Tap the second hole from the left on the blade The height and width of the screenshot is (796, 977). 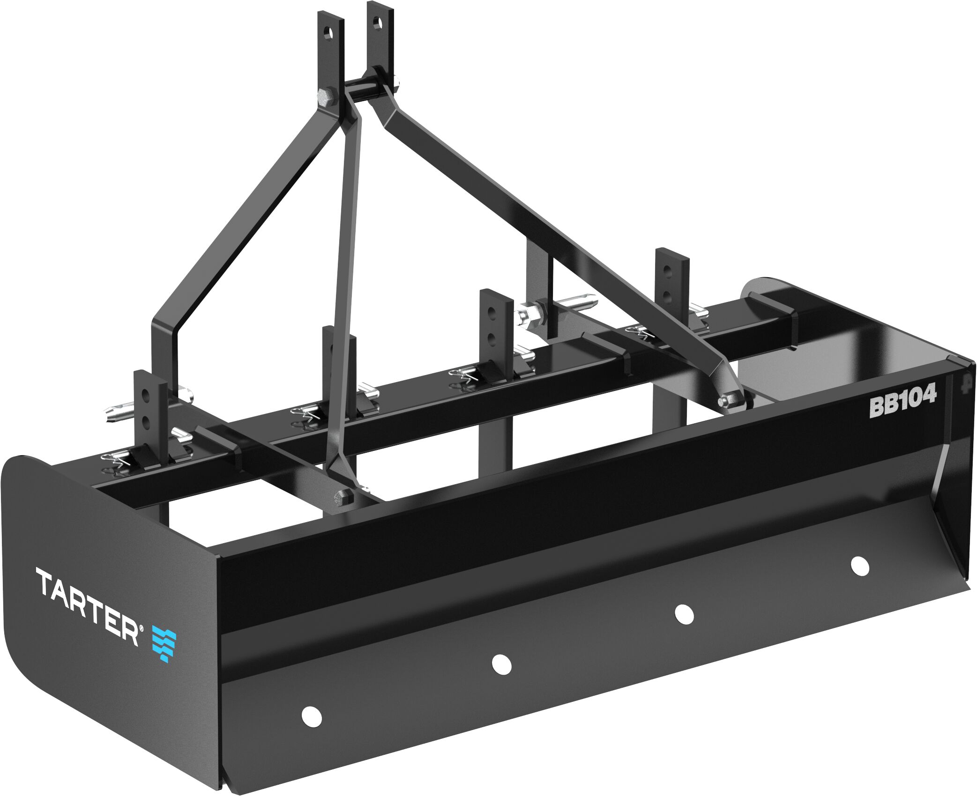coord(501,663)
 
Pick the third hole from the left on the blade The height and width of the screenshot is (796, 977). coord(684,614)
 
